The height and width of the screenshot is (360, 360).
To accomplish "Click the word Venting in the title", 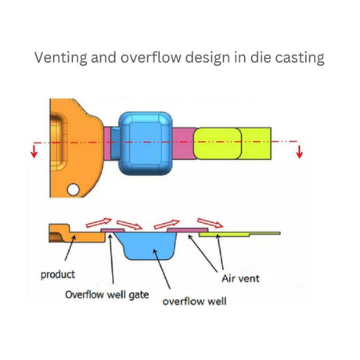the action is pyautogui.click(x=60, y=57).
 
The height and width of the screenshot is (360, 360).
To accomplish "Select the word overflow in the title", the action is pyautogui.click(x=150, y=57).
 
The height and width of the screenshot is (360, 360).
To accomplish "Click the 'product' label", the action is pyautogui.click(x=58, y=275).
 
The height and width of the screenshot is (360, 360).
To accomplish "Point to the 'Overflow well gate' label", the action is pyautogui.click(x=107, y=295).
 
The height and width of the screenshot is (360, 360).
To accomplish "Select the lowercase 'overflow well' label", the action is pyautogui.click(x=194, y=301).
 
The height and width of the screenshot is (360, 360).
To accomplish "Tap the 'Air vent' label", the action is pyautogui.click(x=240, y=279).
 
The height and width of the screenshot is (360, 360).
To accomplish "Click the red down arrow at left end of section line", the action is pyautogui.click(x=34, y=152).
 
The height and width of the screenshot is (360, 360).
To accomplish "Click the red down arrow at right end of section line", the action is pyautogui.click(x=300, y=152).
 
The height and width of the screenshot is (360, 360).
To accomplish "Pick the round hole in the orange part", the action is pyautogui.click(x=74, y=189).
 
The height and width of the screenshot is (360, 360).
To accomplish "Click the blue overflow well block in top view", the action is pyautogui.click(x=145, y=143).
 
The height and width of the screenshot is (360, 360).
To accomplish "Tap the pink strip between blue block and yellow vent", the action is pyautogui.click(x=183, y=143).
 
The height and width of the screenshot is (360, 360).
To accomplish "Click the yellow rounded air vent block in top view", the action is pyautogui.click(x=218, y=143).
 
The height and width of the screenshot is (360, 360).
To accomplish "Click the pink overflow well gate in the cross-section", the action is pyautogui.click(x=113, y=230).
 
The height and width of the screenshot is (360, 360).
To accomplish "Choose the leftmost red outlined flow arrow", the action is pyautogui.click(x=99, y=223).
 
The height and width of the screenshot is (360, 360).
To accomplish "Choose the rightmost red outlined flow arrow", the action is pyautogui.click(x=210, y=223).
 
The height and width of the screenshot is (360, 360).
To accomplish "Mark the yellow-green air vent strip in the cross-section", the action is pyautogui.click(x=239, y=234).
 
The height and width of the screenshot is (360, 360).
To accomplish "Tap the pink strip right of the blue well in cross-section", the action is pyautogui.click(x=188, y=230).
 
